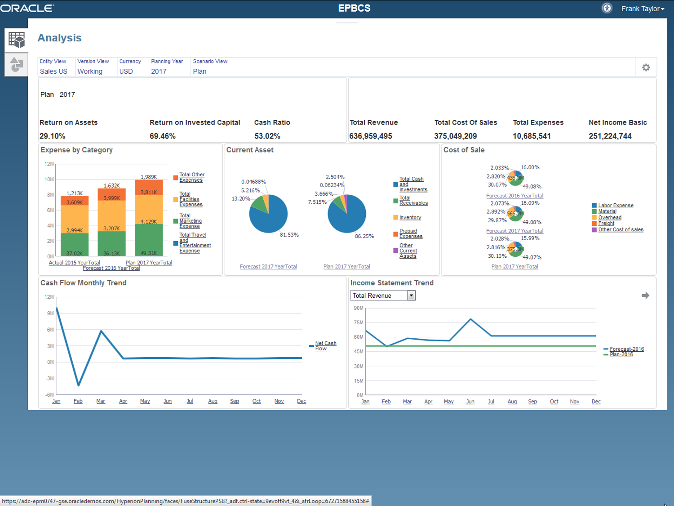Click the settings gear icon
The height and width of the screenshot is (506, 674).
tap(646, 67)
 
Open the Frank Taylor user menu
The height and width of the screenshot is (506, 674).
tap(642, 9)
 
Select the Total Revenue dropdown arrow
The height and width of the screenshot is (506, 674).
tap(411, 296)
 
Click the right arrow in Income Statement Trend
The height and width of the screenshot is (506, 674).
tap(645, 296)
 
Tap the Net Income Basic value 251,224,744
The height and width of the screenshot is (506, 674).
tap(610, 136)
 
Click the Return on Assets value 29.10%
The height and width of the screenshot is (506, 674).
tap(52, 136)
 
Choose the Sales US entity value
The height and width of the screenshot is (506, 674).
tap(53, 71)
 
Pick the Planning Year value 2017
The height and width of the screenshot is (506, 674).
tap(159, 71)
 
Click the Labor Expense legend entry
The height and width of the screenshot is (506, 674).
tap(615, 206)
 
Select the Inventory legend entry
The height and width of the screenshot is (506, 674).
tap(410, 218)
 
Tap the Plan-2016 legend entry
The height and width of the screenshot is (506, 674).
tap(621, 354)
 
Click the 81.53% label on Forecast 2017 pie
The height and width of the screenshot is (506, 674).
tap(289, 235)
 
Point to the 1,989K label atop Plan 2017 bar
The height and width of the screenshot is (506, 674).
tap(149, 177)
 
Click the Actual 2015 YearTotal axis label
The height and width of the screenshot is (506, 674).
tap(74, 263)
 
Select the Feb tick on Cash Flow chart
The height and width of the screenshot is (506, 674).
tap(78, 401)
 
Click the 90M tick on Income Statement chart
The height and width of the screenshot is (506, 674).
tap(358, 308)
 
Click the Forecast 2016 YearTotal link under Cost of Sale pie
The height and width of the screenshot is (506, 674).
tap(514, 196)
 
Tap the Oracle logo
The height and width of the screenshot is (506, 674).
tap(27, 8)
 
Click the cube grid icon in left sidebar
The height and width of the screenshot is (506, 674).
tap(17, 40)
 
